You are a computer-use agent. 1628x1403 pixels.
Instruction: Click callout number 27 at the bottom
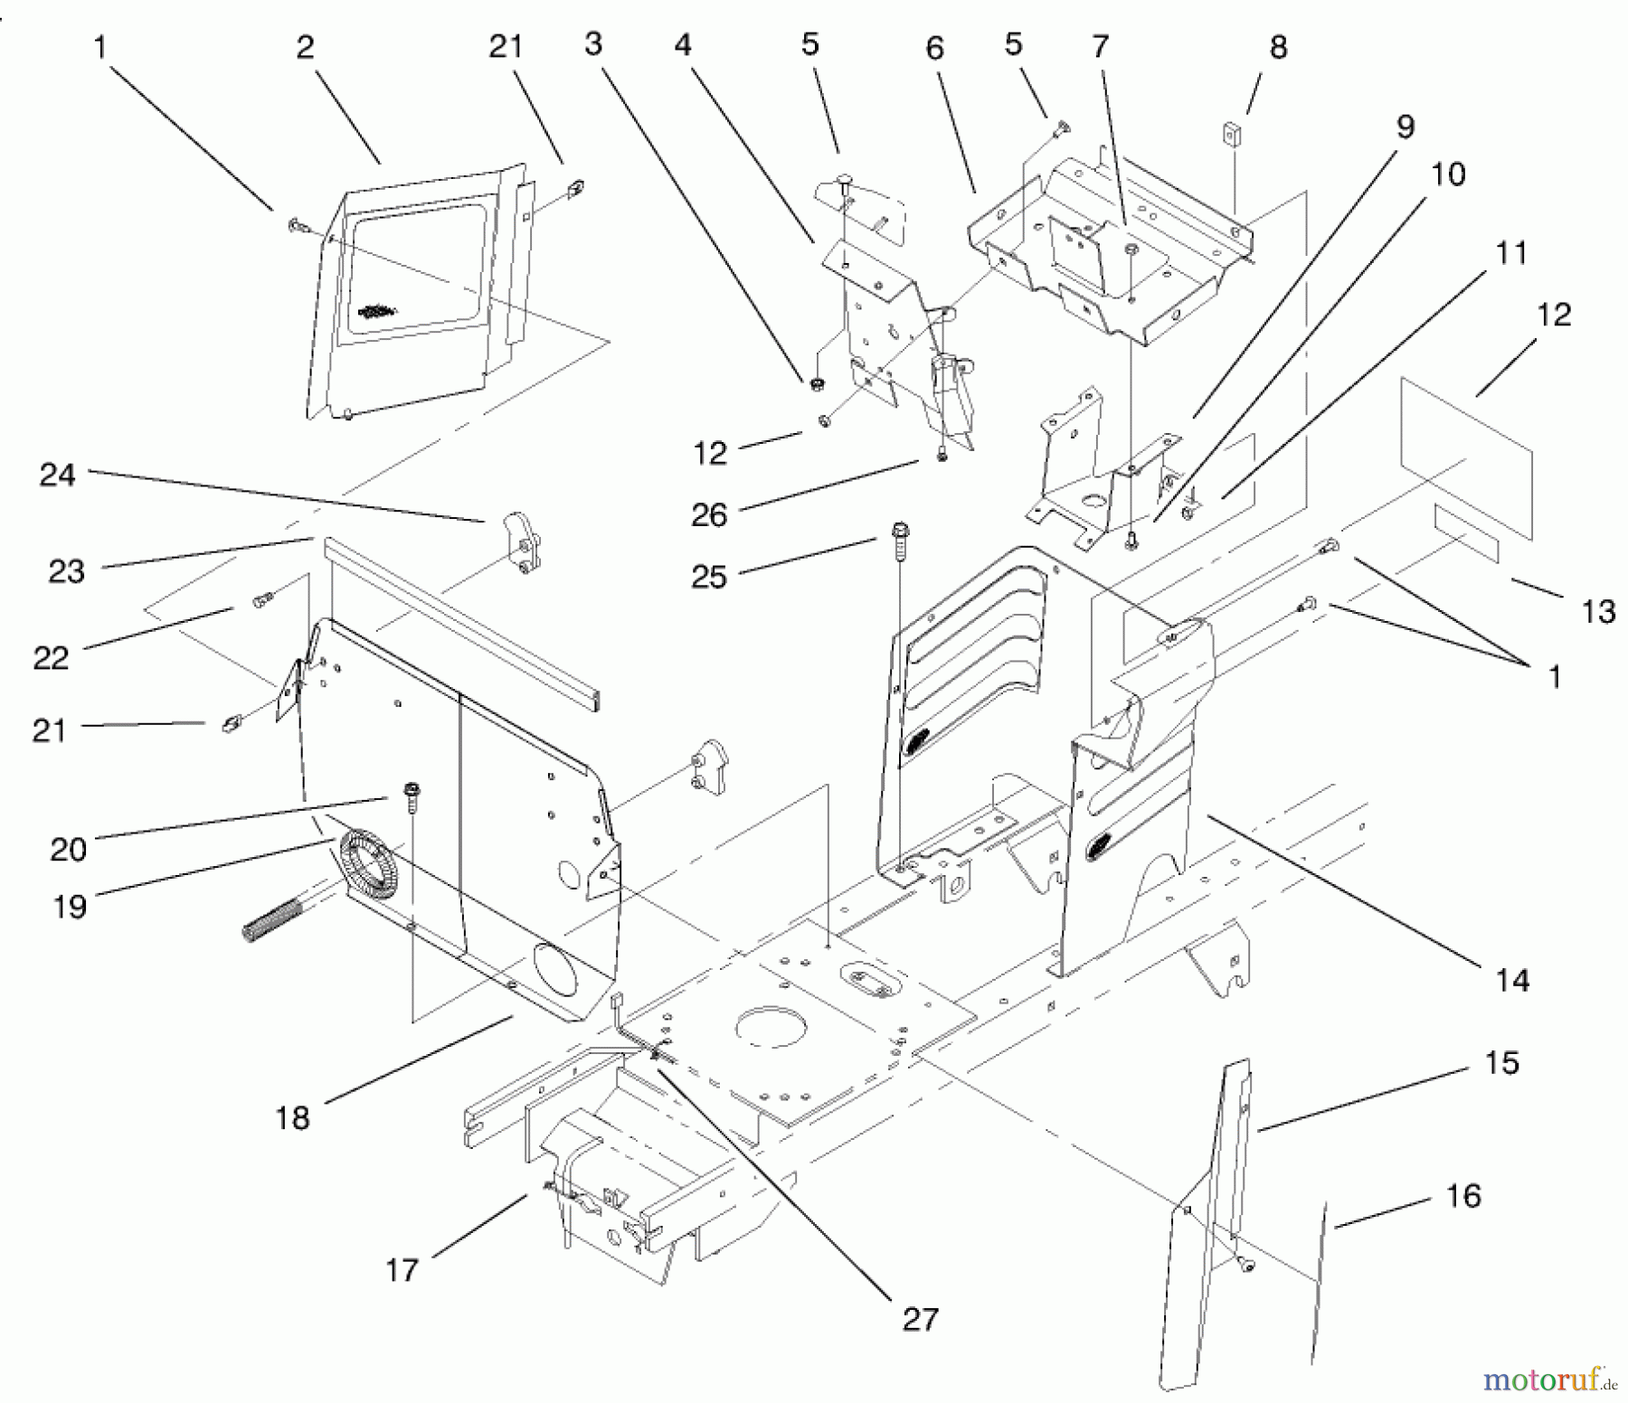click(920, 1319)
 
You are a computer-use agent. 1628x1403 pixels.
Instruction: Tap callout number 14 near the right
click(1512, 980)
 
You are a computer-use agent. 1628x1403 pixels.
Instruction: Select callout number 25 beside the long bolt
click(708, 577)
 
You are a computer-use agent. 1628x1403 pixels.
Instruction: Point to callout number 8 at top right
click(1277, 47)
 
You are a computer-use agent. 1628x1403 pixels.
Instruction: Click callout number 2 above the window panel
click(305, 47)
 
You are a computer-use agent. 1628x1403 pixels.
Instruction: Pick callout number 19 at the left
click(69, 905)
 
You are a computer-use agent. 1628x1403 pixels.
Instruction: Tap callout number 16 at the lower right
click(1462, 1196)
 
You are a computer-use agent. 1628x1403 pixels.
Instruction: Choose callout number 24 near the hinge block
click(57, 476)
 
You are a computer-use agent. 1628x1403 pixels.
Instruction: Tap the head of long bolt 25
click(900, 530)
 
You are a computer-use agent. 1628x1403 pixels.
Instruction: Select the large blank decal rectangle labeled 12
click(1465, 457)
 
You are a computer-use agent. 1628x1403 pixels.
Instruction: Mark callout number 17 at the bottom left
click(402, 1270)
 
